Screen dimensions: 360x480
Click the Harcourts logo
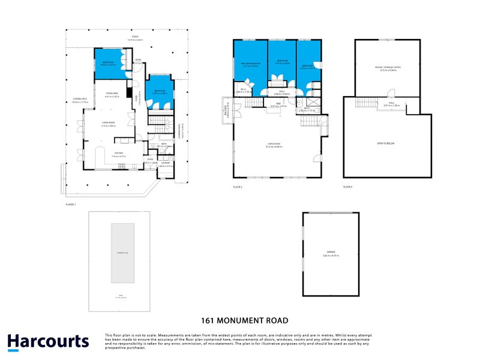48,342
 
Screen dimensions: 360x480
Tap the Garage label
331,252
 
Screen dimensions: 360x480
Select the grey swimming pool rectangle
122,253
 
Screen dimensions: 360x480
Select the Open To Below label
388,143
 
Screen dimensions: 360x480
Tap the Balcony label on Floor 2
226,110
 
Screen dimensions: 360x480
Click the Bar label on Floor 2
278,104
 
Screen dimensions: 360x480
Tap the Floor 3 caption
348,187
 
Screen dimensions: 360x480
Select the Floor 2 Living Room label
275,143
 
